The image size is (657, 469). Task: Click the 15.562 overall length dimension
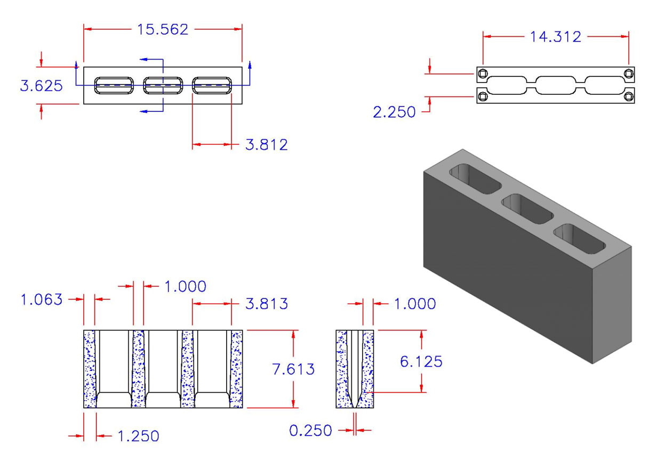coord(163,30)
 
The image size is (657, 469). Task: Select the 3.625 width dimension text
coord(41,86)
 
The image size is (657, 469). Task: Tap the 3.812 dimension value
coord(266,144)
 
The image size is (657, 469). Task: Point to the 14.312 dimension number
coord(555,37)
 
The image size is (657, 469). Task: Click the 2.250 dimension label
coord(394,112)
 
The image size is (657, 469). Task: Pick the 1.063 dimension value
coord(41,300)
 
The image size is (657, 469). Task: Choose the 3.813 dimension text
coord(266,304)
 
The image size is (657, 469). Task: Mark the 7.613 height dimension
coord(293,369)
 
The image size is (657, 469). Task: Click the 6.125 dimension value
coord(421,361)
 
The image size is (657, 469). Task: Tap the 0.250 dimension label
coord(310,430)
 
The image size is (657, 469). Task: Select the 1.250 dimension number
coord(138,436)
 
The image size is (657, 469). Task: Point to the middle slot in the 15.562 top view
coord(163,85)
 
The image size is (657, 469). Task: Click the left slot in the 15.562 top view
coord(114,85)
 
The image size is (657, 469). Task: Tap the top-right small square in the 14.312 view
coord(629,73)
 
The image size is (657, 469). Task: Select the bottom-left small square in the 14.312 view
coord(483,96)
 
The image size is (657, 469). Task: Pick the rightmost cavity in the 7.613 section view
coord(212,368)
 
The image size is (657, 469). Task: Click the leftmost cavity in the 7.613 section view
coord(113,368)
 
